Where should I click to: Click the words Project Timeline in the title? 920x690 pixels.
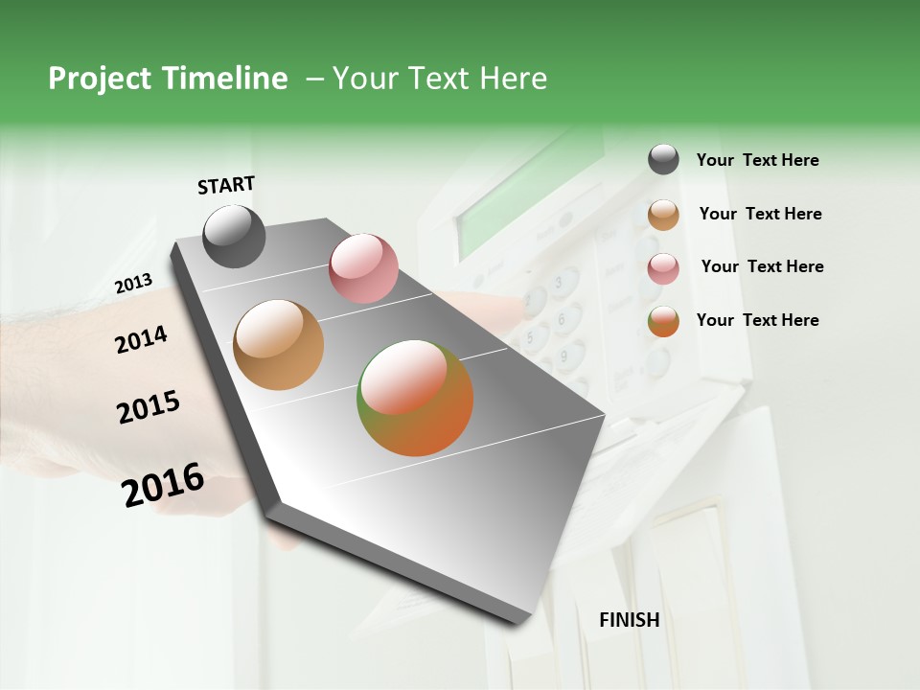168,79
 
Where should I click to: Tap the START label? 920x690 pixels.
226,185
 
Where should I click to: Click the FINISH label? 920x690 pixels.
630,620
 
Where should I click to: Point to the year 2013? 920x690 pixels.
133,284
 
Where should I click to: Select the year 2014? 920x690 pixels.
141,339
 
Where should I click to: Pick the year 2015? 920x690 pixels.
149,407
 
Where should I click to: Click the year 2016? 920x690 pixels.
163,485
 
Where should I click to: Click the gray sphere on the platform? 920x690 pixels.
235,236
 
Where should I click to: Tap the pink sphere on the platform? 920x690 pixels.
363,267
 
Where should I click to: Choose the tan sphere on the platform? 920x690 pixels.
279,345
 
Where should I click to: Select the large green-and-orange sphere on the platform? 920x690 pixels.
415,398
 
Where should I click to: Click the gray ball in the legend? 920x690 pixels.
663,159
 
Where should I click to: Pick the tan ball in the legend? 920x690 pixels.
663,215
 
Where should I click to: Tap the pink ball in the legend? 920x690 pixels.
663,268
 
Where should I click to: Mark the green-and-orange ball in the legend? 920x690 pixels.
663,321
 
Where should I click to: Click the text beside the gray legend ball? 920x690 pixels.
757,160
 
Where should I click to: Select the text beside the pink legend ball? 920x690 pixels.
762,266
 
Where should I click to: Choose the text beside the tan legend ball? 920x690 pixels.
760,214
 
